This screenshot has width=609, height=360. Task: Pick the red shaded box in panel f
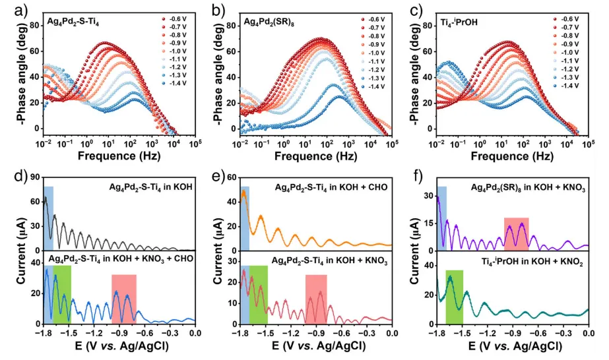[x=516, y=233]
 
